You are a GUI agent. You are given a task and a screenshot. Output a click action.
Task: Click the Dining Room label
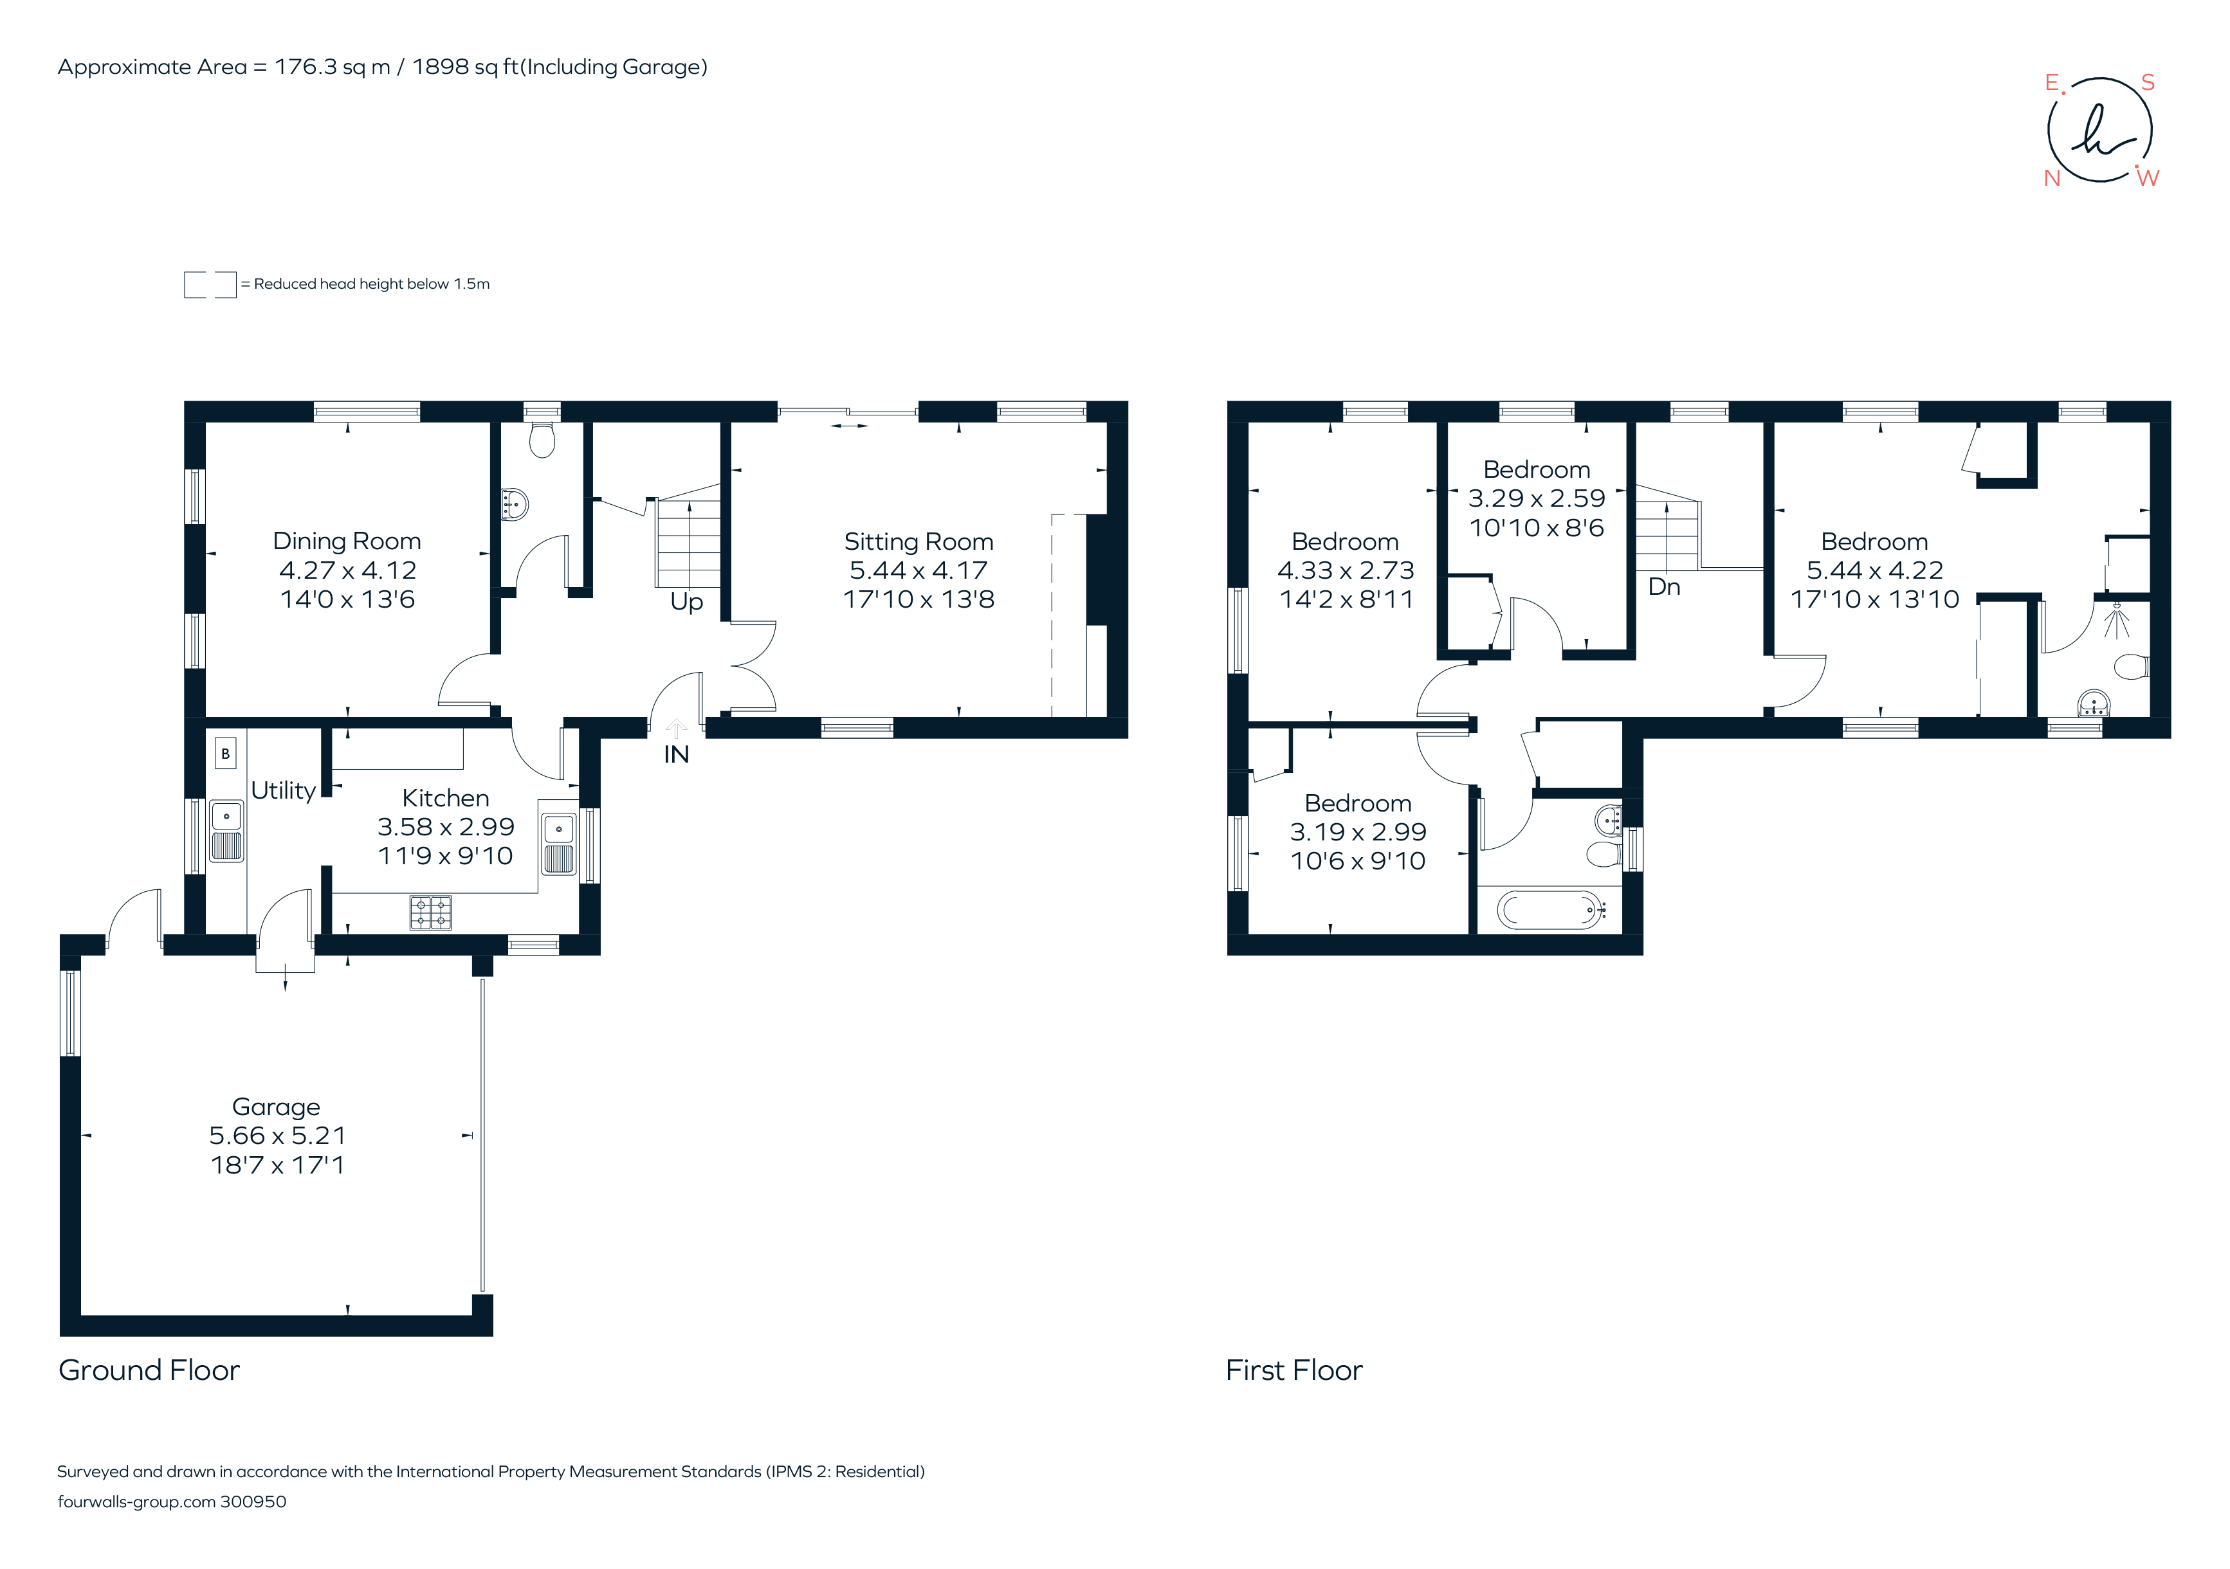pyautogui.click(x=347, y=541)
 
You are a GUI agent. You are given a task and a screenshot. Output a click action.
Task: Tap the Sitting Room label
pyautogui.click(x=918, y=541)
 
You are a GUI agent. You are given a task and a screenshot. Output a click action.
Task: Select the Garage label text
pyautogui.click(x=276, y=1106)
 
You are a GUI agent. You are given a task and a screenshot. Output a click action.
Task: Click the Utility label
pyautogui.click(x=282, y=790)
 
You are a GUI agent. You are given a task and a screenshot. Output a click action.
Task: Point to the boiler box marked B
pyautogui.click(x=225, y=754)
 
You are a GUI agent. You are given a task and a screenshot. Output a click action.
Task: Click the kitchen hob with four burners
pyautogui.click(x=430, y=912)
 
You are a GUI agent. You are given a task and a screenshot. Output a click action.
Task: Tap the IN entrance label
pyautogui.click(x=676, y=754)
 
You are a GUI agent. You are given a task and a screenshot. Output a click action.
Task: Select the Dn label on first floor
pyautogui.click(x=1664, y=586)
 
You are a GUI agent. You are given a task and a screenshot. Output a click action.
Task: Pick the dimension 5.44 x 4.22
pyautogui.click(x=1874, y=570)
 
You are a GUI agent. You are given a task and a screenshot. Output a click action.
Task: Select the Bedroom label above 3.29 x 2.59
pyautogui.click(x=1537, y=470)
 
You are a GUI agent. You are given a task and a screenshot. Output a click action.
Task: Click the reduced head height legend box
pyautogui.click(x=210, y=284)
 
